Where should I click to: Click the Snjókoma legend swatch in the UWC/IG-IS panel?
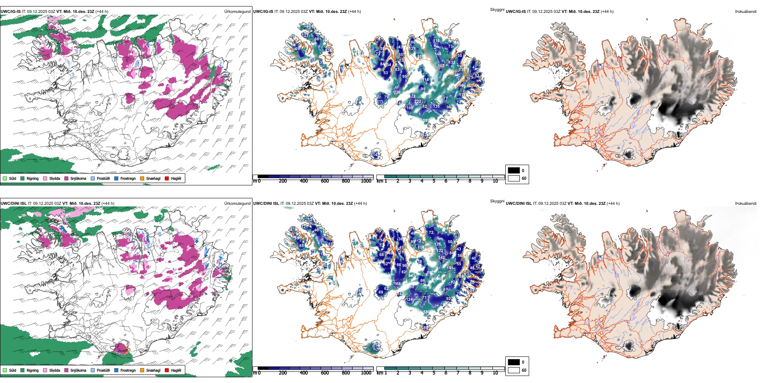click(x=66, y=178)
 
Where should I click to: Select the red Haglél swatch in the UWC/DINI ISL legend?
click(x=167, y=370)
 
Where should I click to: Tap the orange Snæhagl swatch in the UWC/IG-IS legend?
click(x=142, y=178)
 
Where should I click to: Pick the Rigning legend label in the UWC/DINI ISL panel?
click(x=33, y=370)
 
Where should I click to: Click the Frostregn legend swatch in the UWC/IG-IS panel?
click(x=116, y=178)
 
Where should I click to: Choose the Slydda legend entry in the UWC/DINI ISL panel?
click(x=54, y=370)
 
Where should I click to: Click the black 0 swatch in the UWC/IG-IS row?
click(x=514, y=170)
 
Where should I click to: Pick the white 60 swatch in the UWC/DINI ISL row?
click(x=514, y=370)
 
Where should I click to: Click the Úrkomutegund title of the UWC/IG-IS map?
click(x=237, y=12)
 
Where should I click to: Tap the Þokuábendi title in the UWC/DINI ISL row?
click(x=746, y=204)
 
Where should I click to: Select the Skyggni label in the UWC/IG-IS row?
click(x=497, y=10)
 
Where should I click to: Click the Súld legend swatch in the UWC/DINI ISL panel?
click(x=5, y=370)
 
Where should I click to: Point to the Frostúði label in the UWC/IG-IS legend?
click(x=103, y=178)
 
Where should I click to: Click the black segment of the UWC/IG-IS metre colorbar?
click(x=263, y=177)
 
